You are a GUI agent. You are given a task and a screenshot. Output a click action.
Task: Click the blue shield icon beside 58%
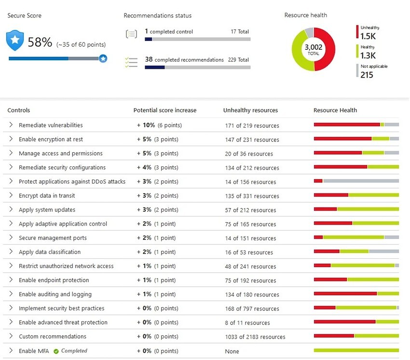pyautogui.click(x=15, y=41)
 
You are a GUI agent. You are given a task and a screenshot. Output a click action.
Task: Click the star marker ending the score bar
pyautogui.click(x=103, y=58)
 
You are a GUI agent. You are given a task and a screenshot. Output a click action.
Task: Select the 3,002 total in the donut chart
pyautogui.click(x=313, y=49)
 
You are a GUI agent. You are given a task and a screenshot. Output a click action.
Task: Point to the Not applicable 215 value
pyautogui.click(x=367, y=75)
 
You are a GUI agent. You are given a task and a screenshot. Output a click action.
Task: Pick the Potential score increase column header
pyautogui.click(x=164, y=110)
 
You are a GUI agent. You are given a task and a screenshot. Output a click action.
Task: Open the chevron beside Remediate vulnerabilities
pyautogui.click(x=11, y=125)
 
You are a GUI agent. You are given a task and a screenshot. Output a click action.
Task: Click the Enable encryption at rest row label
pyautogui.click(x=51, y=139)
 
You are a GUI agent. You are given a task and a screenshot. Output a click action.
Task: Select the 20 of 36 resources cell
pyautogui.click(x=249, y=154)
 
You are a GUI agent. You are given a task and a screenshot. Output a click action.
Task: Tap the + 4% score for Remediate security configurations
pyautogui.click(x=145, y=167)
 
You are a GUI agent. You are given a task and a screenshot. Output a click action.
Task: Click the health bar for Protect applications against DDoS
pyautogui.click(x=356, y=181)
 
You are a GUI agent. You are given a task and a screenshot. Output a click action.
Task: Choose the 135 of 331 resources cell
pyautogui.click(x=252, y=196)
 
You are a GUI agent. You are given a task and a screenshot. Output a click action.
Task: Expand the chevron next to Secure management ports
pyautogui.click(x=11, y=238)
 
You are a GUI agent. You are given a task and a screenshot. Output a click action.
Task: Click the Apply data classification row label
pyautogui.click(x=50, y=252)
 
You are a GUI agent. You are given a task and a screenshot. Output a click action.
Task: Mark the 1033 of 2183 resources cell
pyautogui.click(x=255, y=337)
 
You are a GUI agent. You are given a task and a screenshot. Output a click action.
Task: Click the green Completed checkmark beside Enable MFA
pyautogui.click(x=56, y=351)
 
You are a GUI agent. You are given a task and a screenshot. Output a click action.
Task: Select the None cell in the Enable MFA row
pyautogui.click(x=232, y=351)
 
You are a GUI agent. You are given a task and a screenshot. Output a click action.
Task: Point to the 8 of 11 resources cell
pyautogui.click(x=247, y=323)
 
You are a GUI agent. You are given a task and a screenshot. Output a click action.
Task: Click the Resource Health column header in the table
pyautogui.click(x=335, y=110)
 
